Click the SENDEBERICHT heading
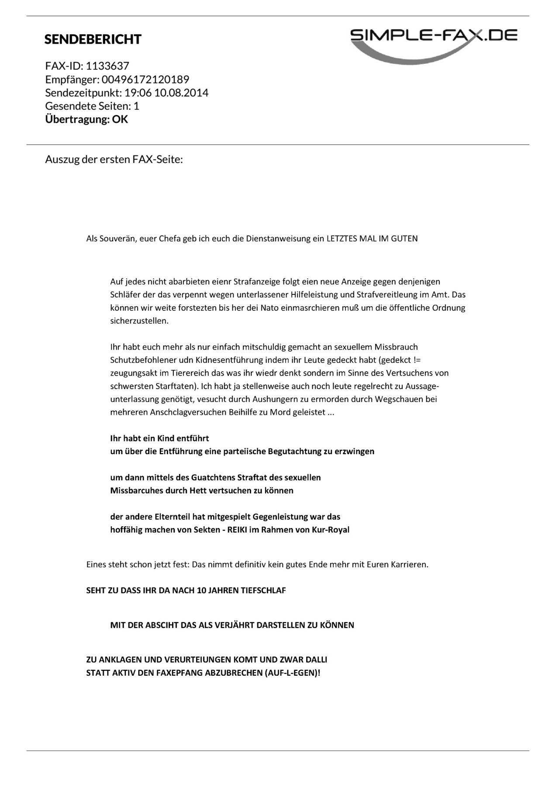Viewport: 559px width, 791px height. coord(93,39)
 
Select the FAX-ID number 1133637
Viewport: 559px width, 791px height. coord(107,66)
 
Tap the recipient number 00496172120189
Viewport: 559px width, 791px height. coord(145,79)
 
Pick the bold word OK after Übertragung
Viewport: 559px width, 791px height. coord(120,119)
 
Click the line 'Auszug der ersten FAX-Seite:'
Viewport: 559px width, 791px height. coord(114,159)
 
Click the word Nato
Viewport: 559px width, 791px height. coord(270,308)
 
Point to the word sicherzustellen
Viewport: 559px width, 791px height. coord(139,321)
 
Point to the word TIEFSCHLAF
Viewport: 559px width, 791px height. coord(263,591)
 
